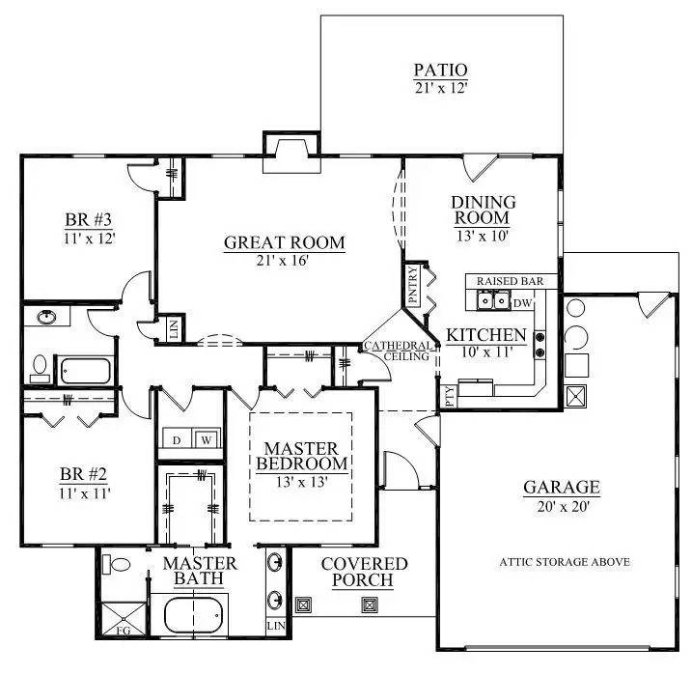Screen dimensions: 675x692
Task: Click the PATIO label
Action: [x=440, y=70]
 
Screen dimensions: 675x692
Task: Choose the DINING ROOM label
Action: [x=484, y=210]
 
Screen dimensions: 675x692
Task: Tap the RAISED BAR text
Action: [x=511, y=281]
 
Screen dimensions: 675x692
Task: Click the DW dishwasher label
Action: [x=522, y=303]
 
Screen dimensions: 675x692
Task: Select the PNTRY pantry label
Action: [x=412, y=286]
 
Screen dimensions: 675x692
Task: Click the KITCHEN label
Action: [x=485, y=336]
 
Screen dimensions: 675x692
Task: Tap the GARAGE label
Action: [x=562, y=488]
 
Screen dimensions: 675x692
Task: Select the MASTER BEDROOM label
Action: [x=301, y=456]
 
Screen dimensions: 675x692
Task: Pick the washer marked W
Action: [x=205, y=440]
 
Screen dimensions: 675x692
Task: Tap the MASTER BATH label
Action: [x=199, y=571]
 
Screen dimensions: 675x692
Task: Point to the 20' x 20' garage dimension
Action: [x=562, y=506]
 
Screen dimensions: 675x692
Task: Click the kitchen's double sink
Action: [x=494, y=302]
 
